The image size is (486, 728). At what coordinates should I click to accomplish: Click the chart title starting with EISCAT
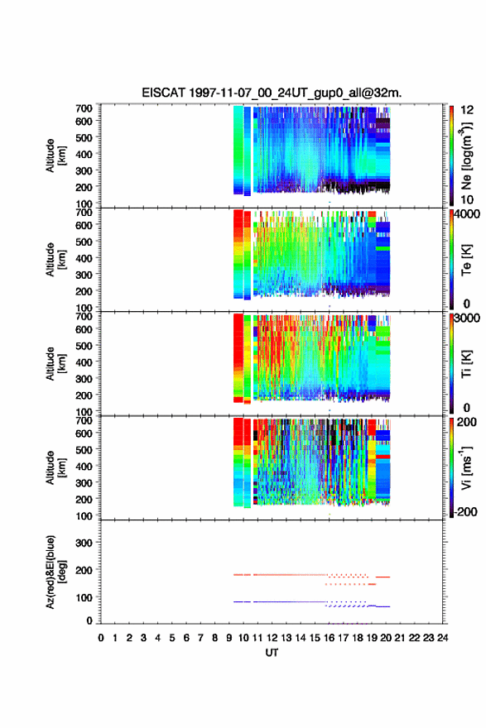[x=272, y=93]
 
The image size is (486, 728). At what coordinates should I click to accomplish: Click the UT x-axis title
[x=272, y=653]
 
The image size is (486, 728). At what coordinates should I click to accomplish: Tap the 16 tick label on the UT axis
[x=329, y=638]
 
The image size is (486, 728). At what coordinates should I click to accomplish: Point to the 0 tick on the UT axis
[x=101, y=638]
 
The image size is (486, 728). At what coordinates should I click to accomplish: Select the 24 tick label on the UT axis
[x=443, y=638]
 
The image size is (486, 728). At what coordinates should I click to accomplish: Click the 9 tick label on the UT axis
[x=229, y=638]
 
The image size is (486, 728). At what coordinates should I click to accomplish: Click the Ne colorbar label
[x=466, y=156]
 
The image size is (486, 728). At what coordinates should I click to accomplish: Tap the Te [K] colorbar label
[x=466, y=260]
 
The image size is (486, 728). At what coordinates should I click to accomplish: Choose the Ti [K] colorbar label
[x=466, y=363]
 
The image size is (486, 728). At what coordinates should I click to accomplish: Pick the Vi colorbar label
[x=466, y=468]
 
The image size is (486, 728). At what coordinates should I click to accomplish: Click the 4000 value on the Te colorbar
[x=468, y=214]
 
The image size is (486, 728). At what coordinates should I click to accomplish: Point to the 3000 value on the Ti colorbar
[x=468, y=318]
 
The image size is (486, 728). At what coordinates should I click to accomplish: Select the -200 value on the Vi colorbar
[x=465, y=511]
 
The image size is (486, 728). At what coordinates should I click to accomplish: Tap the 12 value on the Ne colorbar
[x=468, y=110]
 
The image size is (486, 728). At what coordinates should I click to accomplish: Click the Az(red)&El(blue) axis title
[x=55, y=572]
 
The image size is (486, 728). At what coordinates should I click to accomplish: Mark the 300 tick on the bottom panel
[x=84, y=543]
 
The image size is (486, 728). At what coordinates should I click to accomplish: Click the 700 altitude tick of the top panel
[x=84, y=108]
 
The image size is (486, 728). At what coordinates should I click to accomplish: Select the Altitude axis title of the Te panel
[x=55, y=260]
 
